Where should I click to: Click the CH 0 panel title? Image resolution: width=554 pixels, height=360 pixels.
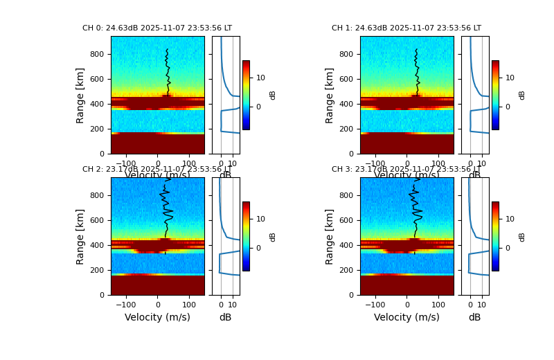pos(157,28)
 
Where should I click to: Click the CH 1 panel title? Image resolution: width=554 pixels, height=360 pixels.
pos(406,28)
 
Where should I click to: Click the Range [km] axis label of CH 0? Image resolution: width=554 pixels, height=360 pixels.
pos(81,95)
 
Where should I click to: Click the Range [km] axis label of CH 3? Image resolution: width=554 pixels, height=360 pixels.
pos(330,236)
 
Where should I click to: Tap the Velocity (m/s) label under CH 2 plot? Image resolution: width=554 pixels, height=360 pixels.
pos(157,317)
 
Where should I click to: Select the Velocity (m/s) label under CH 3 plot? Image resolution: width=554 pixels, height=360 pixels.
pos(406,317)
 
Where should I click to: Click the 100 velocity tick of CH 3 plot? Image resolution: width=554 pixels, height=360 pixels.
pos(438,304)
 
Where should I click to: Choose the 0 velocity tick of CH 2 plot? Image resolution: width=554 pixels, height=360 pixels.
pos(157,304)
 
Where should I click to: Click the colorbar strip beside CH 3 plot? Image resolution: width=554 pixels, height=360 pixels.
pos(495,236)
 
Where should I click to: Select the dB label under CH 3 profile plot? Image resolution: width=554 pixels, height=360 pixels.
pos(474,317)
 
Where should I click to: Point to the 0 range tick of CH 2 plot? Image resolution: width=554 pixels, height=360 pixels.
pos(102,295)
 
